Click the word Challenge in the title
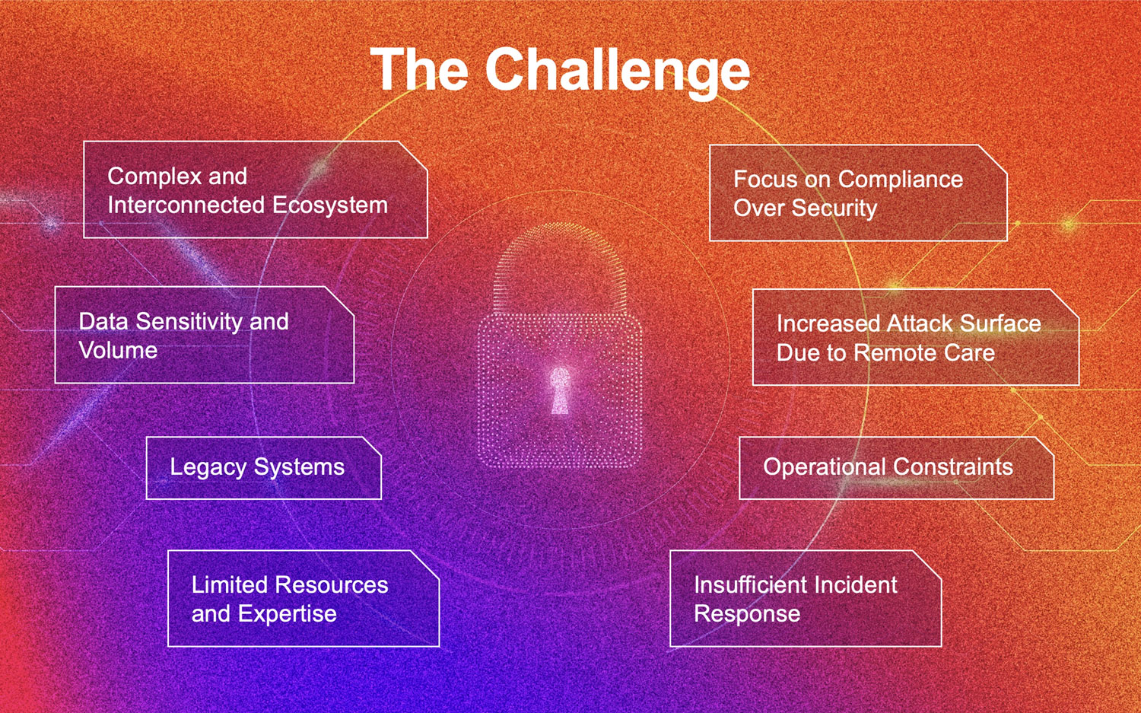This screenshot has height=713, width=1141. click(x=617, y=70)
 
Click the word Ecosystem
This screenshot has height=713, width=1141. click(x=329, y=205)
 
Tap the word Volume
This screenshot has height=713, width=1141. click(x=118, y=350)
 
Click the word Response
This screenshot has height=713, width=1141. click(x=746, y=613)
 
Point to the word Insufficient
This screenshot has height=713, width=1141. click(x=748, y=584)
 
